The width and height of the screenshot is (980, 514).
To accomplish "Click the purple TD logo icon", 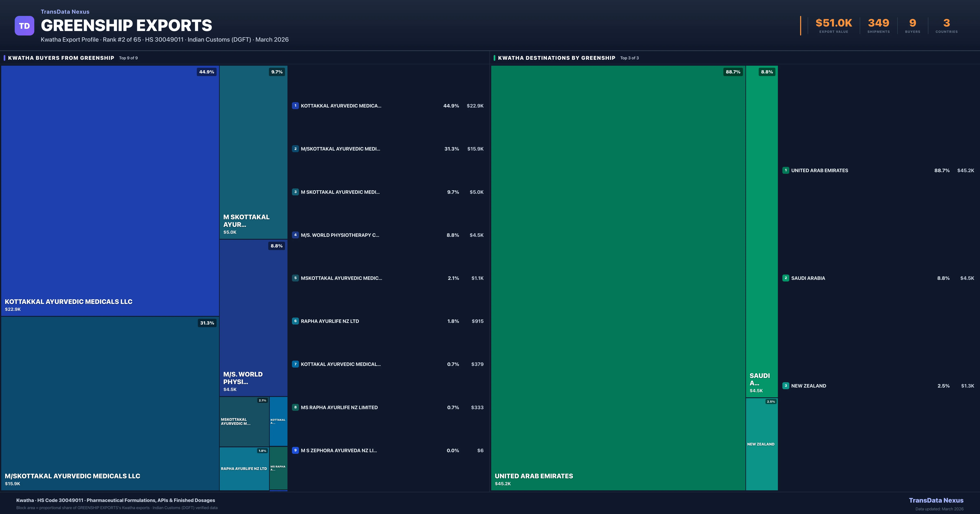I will tap(24, 26).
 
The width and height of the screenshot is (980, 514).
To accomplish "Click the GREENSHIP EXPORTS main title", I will tap(126, 25).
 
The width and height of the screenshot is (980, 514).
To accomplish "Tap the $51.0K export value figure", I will tap(834, 23).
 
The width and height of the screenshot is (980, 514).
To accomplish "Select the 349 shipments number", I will tap(878, 23).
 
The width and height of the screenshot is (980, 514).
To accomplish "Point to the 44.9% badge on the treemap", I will tap(207, 72).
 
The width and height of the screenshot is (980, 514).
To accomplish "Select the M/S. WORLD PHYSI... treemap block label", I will tap(243, 378).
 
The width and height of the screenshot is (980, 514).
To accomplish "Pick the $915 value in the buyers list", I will tap(478, 321).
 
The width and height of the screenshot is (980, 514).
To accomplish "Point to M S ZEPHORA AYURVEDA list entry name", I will tap(339, 451).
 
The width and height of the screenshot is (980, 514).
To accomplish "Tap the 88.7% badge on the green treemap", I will tap(733, 72).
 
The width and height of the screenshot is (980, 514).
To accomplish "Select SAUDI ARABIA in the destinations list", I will tap(808, 278).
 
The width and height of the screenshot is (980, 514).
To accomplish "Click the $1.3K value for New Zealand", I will tap(968, 386).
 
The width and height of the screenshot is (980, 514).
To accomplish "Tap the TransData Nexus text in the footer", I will tap(936, 500).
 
